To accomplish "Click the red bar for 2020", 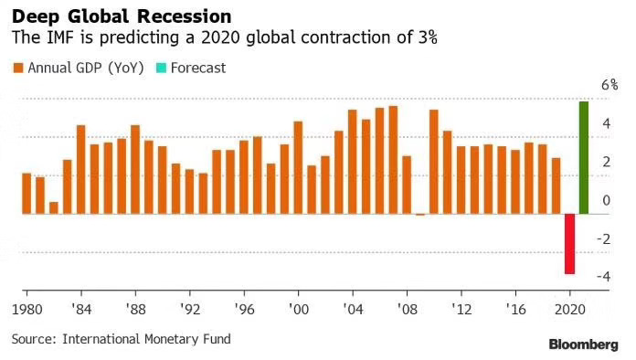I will [569, 243].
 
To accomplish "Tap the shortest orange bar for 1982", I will [54, 207].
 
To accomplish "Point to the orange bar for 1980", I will [26, 193].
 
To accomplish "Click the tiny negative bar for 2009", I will [420, 215].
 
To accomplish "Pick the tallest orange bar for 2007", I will [393, 160].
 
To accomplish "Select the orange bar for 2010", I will [434, 162].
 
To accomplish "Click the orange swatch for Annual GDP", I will [17, 68].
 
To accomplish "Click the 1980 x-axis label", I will [26, 309].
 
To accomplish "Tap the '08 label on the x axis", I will [407, 309].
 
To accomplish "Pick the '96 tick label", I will [243, 309].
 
